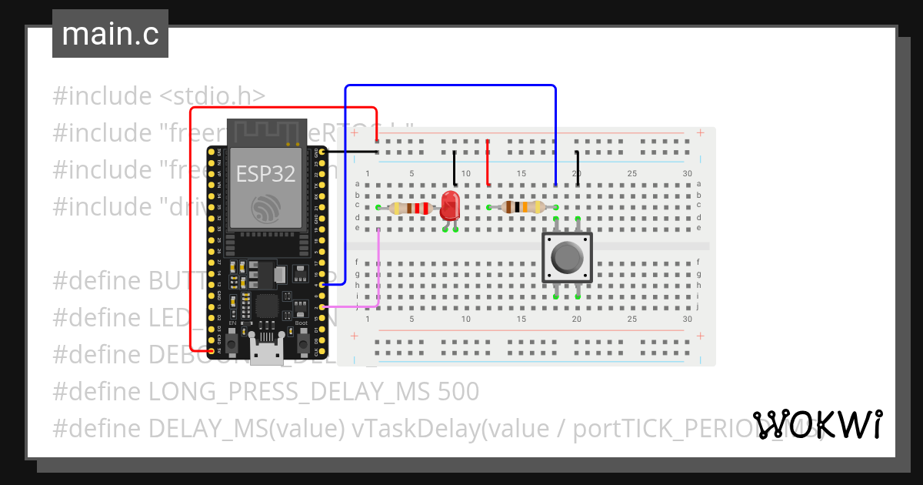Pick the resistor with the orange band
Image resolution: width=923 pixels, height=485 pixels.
(x=522, y=206)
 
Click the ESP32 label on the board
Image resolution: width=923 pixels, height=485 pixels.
(x=265, y=174)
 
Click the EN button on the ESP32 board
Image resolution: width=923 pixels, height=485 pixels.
(x=232, y=335)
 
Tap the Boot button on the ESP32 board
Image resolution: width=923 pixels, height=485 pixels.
(x=301, y=335)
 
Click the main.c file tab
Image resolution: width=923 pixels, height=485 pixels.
(x=110, y=35)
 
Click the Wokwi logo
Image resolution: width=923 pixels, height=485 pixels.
(x=817, y=425)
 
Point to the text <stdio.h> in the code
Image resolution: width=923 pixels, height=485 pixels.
(x=212, y=96)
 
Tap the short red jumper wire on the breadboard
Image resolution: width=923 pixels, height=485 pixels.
(x=488, y=162)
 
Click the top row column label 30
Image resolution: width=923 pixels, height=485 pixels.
(x=687, y=174)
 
